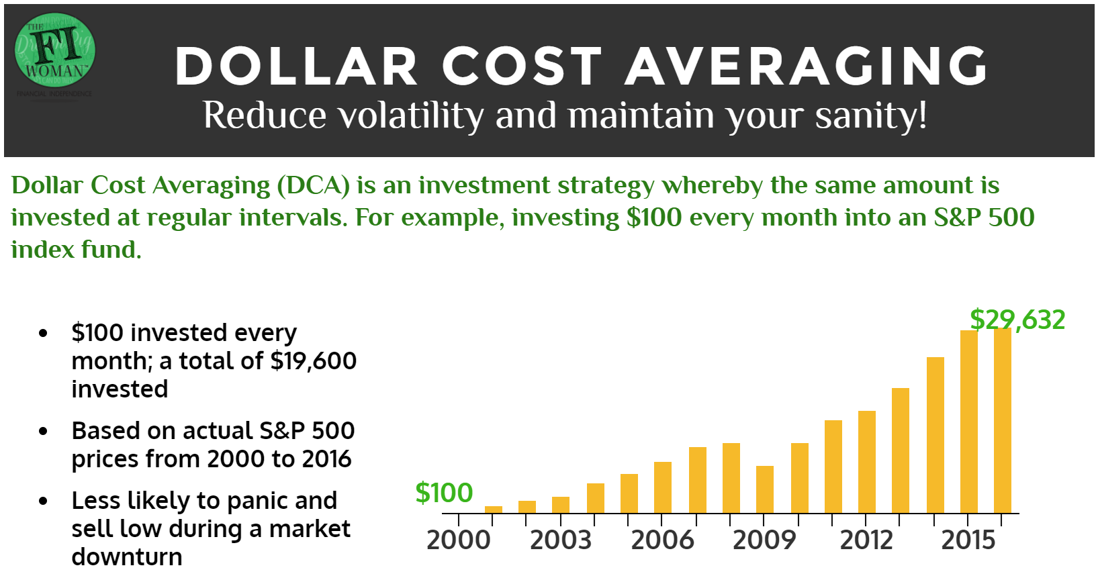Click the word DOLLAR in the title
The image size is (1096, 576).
tap(295, 66)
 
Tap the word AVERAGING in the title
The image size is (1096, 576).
tap(806, 66)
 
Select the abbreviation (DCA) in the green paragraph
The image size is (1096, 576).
tap(314, 185)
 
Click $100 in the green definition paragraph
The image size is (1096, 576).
tap(654, 218)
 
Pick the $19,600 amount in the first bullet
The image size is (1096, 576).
tap(314, 361)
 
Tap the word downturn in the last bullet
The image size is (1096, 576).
tap(127, 557)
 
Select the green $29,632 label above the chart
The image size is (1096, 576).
tap(1017, 320)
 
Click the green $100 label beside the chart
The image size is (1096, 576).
tap(444, 493)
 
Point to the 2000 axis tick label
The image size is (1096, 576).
tap(459, 540)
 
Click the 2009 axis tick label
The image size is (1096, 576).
tap(764, 540)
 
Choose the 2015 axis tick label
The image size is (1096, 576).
tap(968, 540)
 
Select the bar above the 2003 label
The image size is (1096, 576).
tap(561, 505)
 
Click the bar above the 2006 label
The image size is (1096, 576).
tap(663, 487)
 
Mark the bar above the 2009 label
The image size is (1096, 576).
tap(765, 489)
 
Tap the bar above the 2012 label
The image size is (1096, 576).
tap(867, 462)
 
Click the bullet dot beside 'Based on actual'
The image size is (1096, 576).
tap(44, 431)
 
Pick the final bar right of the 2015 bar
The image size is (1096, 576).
tap(1003, 420)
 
